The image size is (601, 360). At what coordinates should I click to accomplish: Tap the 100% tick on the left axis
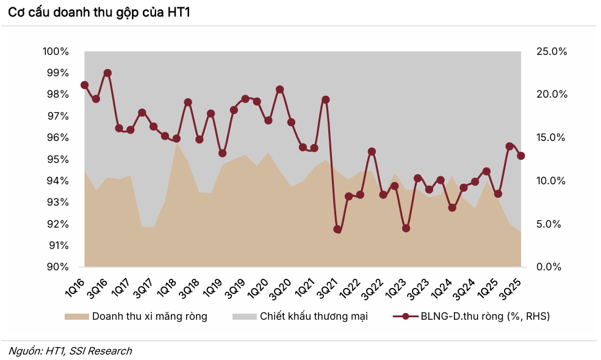tap(56, 51)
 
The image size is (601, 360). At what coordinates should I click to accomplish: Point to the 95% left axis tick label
tap(57, 159)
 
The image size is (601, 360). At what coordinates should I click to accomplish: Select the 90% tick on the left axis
tap(57, 267)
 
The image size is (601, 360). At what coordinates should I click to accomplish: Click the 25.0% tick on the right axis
tap(552, 51)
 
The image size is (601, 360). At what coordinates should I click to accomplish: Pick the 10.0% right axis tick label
tap(552, 181)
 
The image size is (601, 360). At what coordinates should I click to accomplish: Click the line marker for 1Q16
tap(84, 85)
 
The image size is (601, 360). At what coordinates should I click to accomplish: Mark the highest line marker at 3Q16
tap(107, 73)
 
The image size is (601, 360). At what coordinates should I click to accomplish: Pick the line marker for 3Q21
tap(337, 229)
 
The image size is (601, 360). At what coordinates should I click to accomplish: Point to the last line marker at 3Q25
tap(521, 156)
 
